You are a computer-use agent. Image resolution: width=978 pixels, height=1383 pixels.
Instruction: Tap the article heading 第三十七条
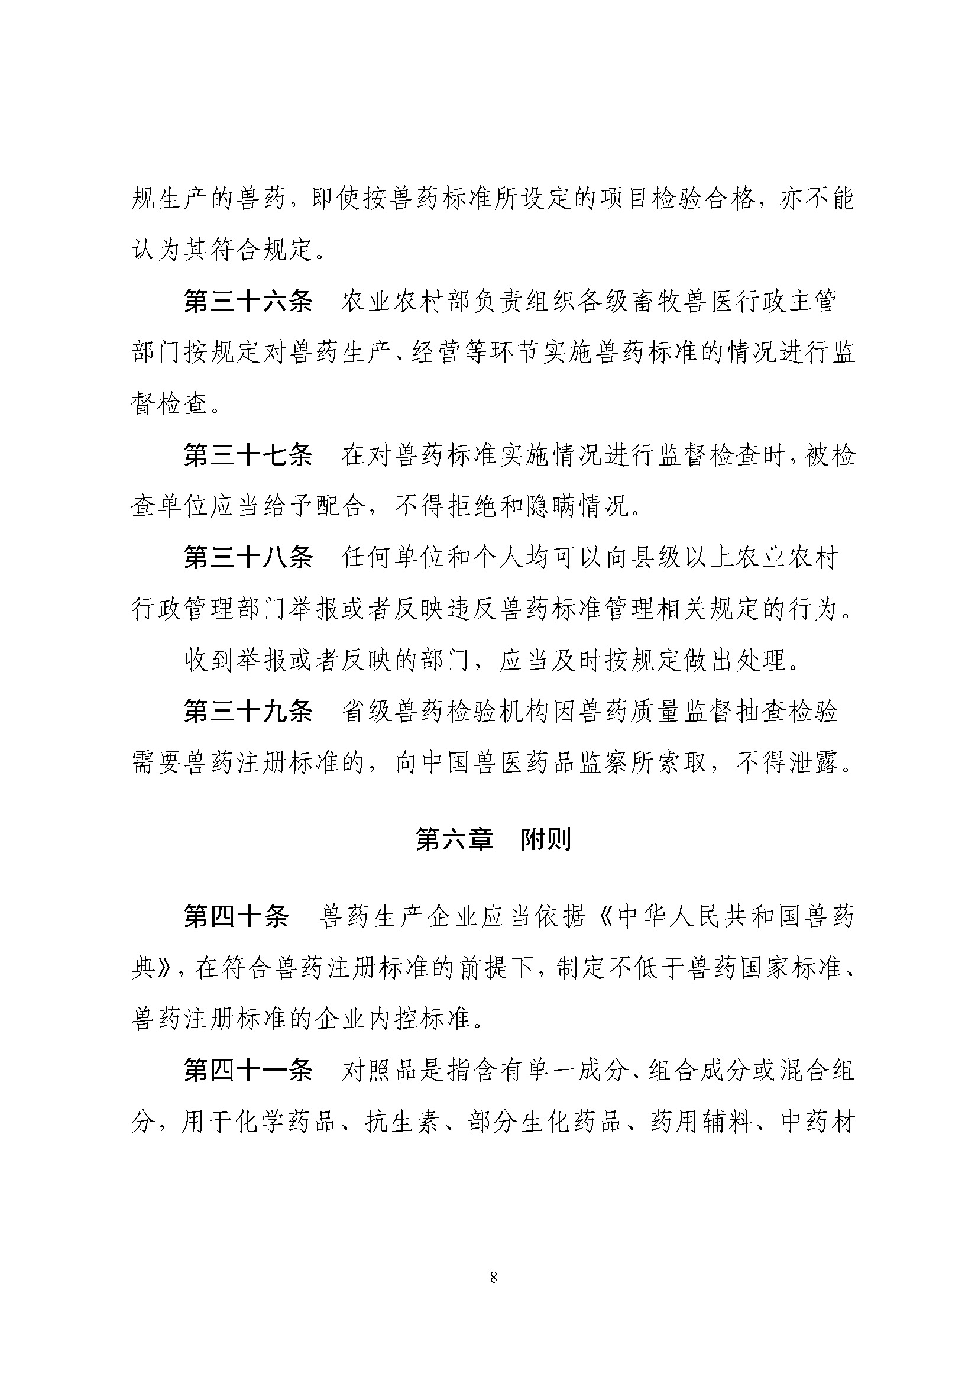pos(248,456)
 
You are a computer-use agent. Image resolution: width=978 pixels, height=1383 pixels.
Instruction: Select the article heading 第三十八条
pos(248,558)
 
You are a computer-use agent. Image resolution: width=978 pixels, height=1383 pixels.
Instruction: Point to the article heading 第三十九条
pos(248,713)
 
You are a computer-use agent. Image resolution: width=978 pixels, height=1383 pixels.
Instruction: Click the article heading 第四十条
pos(235,917)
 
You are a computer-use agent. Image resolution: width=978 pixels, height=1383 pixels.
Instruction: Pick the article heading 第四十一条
pos(248,1072)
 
